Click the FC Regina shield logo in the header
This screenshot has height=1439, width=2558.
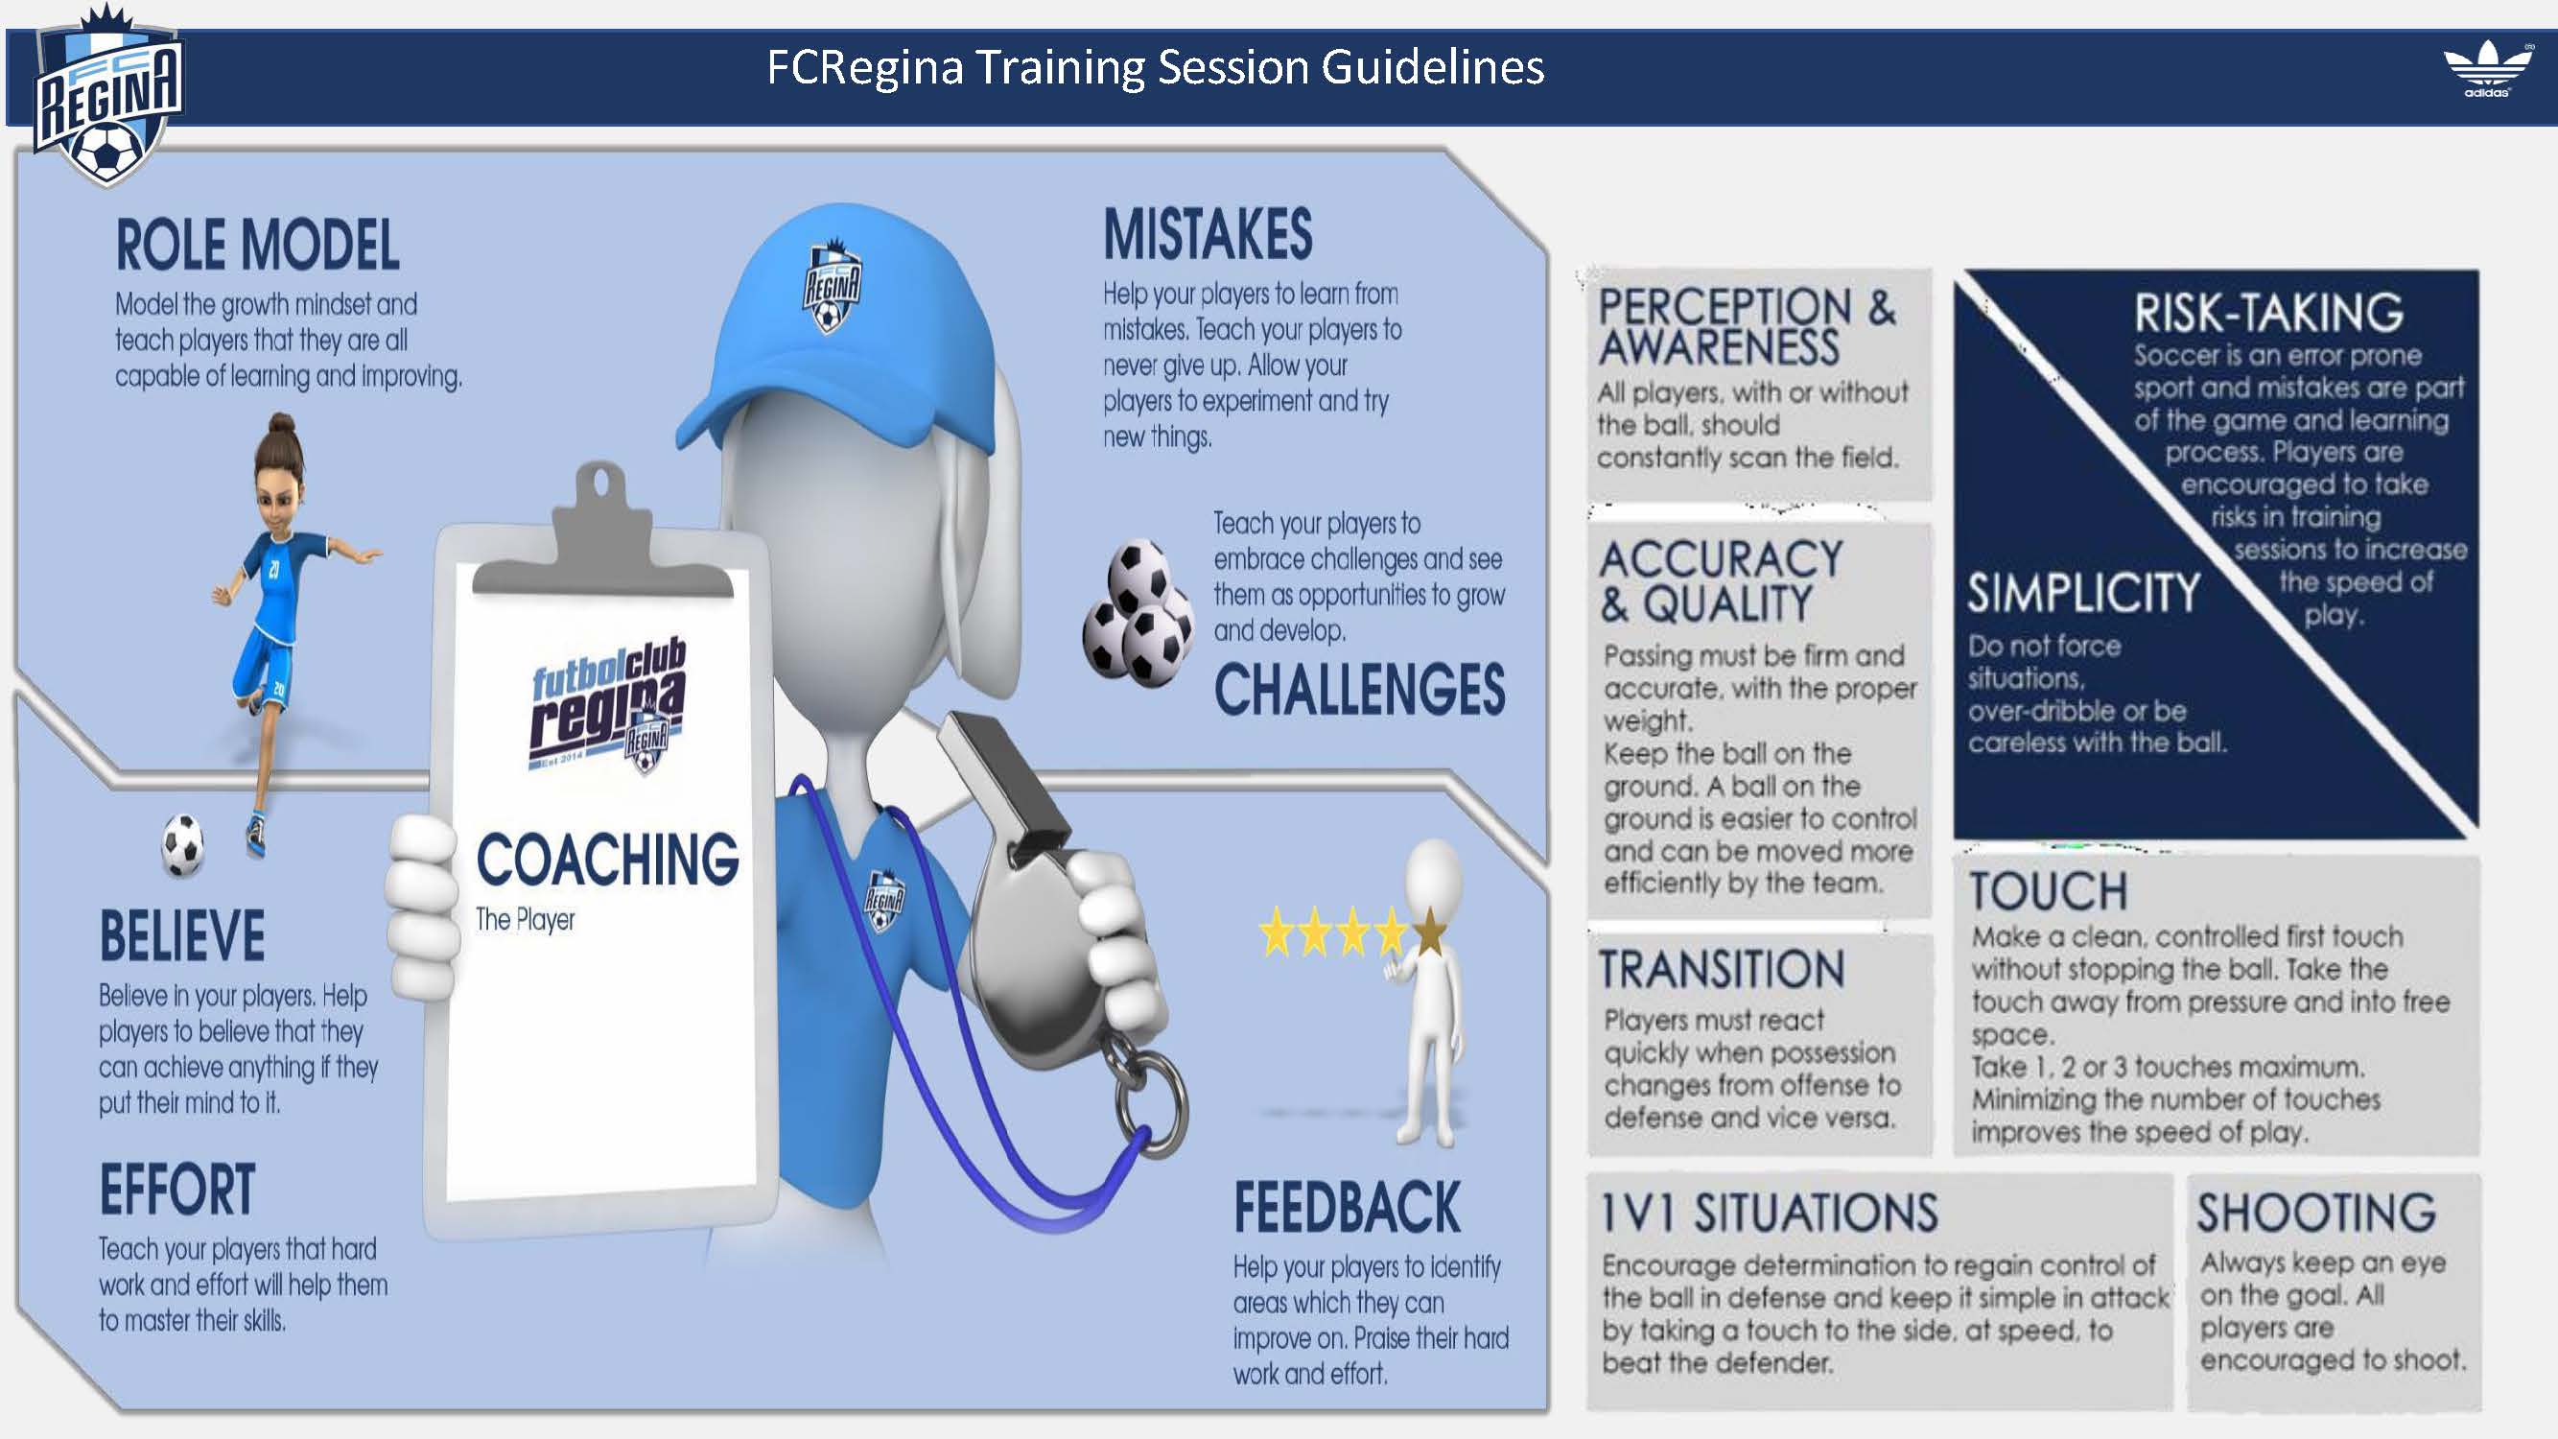pyautogui.click(x=107, y=97)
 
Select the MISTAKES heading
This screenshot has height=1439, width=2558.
pyautogui.click(x=1208, y=233)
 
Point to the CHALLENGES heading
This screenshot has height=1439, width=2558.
pyautogui.click(x=1359, y=689)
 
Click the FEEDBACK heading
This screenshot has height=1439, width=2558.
pyautogui.click(x=1347, y=1208)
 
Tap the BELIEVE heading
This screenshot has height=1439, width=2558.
pyautogui.click(x=181, y=935)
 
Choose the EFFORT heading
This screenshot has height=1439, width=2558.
pyautogui.click(x=176, y=1190)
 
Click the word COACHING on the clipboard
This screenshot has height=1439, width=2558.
pyautogui.click(x=608, y=859)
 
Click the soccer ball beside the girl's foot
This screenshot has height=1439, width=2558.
pyautogui.click(x=182, y=845)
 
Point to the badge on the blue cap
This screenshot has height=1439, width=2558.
pyautogui.click(x=832, y=286)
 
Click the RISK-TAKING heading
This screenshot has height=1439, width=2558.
pyautogui.click(x=2269, y=313)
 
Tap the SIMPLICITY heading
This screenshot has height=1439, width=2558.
pyautogui.click(x=2083, y=593)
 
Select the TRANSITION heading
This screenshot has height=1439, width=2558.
pyautogui.click(x=1722, y=969)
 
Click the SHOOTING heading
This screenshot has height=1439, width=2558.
pyautogui.click(x=2316, y=1212)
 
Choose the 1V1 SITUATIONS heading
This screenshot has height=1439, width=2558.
pyautogui.click(x=1769, y=1213)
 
